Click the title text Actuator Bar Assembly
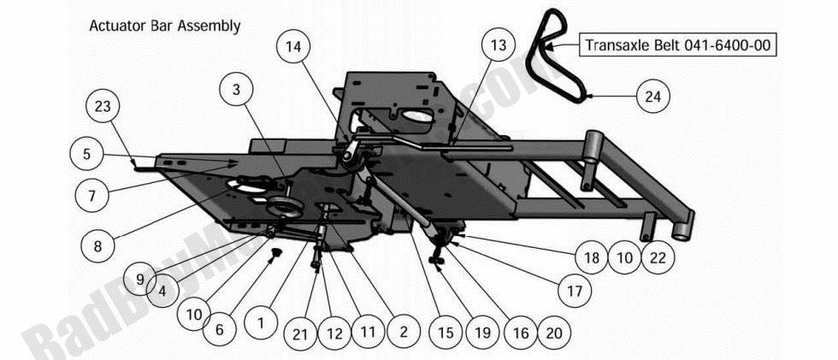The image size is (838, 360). coord(165,27)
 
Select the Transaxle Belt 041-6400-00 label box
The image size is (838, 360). coord(679,45)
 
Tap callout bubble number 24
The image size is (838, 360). coord(652,97)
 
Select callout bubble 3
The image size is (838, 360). coord(237,89)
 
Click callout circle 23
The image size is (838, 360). coord(103,108)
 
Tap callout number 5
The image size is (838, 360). coord(86,155)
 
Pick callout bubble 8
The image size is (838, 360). coord(97,245)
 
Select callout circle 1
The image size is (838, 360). coord(261,323)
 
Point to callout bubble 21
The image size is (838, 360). coord(299,334)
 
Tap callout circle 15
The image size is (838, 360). coord(442,332)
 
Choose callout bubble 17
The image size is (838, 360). coord(575,291)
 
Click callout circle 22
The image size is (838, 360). coord(657,257)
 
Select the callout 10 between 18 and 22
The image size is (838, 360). coord(623,257)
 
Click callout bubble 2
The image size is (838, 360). coord(404,332)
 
